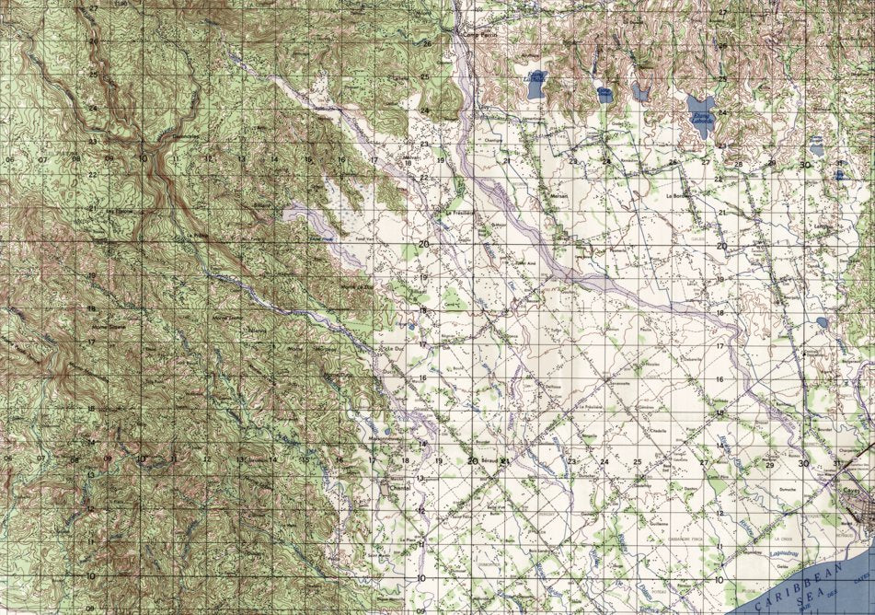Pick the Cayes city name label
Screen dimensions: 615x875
(x=850, y=493)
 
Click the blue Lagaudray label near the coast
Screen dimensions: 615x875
(x=763, y=549)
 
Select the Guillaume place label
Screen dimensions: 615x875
(x=659, y=522)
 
